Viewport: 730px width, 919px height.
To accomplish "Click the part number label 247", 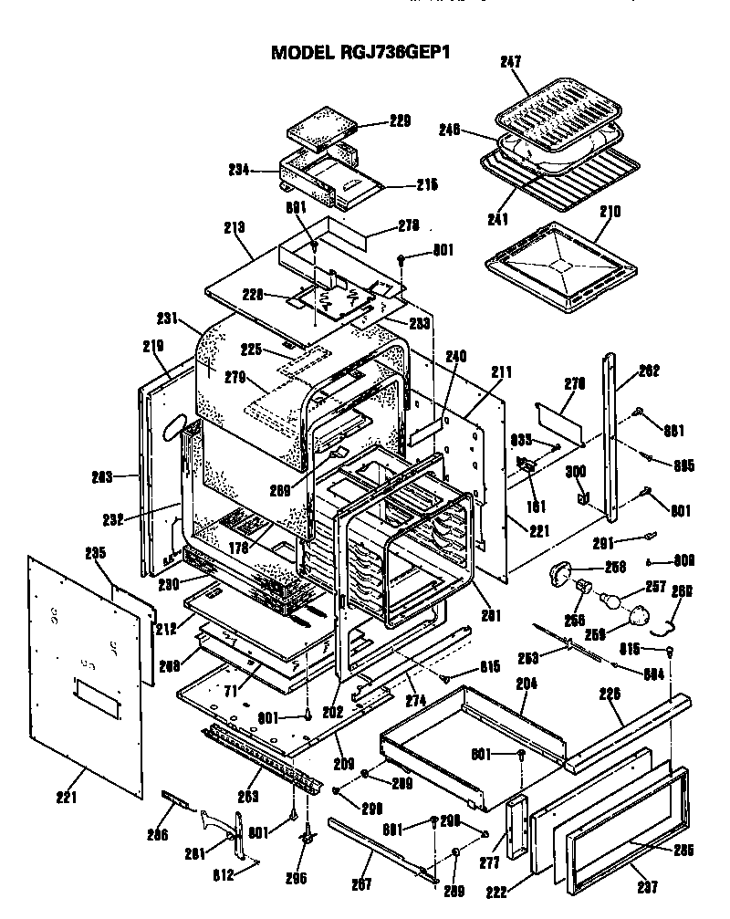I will point(510,63).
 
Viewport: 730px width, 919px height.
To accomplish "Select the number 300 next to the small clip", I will point(576,472).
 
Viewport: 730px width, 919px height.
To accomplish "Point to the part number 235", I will point(95,553).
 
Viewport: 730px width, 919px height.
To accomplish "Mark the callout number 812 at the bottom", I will point(225,875).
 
